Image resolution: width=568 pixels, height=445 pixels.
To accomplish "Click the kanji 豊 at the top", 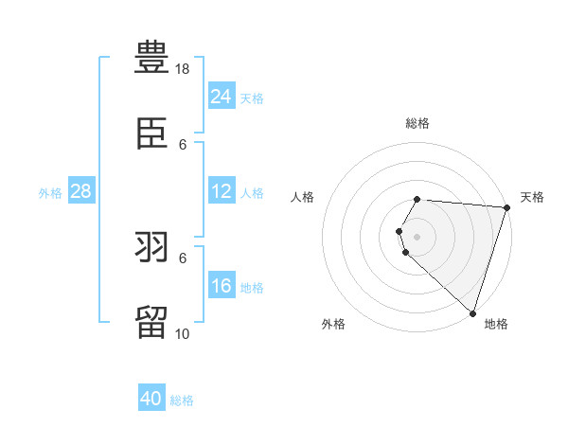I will tap(152, 58).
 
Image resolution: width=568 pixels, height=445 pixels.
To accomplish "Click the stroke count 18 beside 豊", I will tap(184, 69).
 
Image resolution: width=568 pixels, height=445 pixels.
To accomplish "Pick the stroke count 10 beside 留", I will tap(184, 333).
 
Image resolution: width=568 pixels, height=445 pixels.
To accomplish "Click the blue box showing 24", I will tap(221, 96).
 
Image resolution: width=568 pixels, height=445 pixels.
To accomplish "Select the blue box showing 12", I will tap(221, 191).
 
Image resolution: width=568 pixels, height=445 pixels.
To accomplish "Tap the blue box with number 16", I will tap(221, 286).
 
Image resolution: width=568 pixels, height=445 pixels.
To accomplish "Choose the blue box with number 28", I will tap(80, 191).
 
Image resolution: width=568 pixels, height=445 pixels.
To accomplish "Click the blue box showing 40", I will tap(151, 399).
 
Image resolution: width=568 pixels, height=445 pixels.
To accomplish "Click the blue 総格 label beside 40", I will tap(182, 400).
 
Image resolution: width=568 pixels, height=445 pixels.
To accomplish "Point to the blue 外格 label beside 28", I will tap(50, 193).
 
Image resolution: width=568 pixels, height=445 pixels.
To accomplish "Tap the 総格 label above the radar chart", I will tap(417, 124).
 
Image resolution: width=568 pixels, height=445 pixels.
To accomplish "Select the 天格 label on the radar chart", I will tap(532, 197).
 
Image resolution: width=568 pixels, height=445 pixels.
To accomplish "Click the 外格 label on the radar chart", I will tap(333, 324).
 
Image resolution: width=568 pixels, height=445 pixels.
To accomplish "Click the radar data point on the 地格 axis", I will tap(472, 312).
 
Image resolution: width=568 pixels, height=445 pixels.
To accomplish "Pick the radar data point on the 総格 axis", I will tap(417, 199).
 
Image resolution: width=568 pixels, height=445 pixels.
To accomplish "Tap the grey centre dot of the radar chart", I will tap(417, 237).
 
